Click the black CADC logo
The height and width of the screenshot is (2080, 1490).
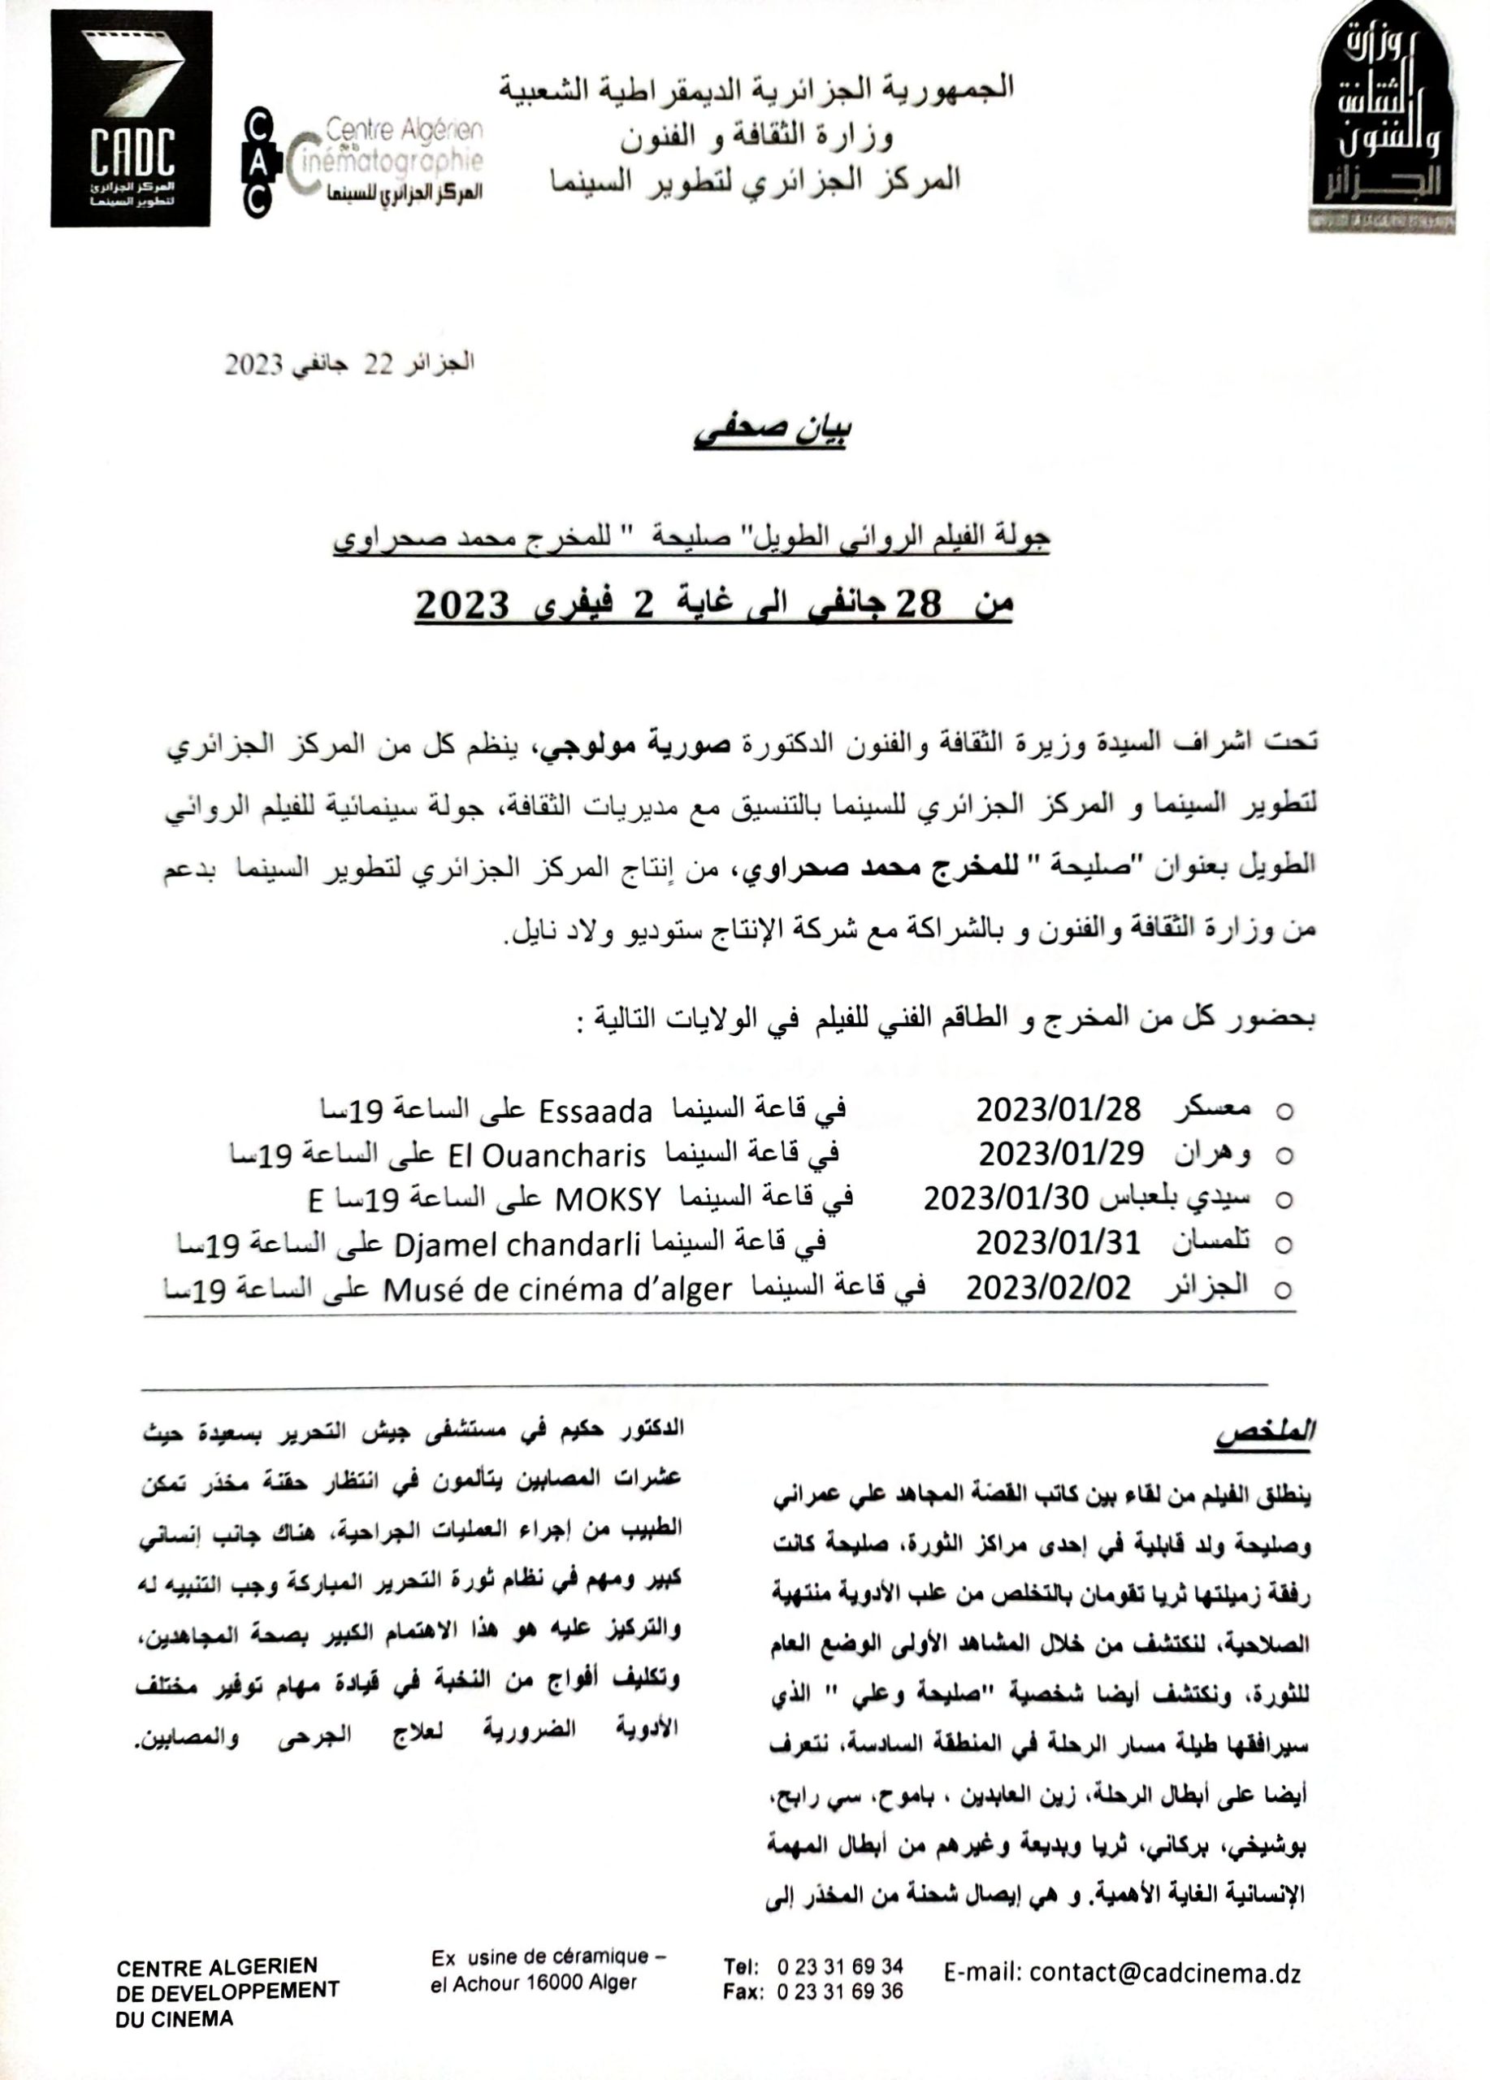coord(131,119)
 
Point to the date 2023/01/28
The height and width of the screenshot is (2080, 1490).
coord(1058,1110)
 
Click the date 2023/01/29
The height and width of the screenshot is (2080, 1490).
coord(1060,1154)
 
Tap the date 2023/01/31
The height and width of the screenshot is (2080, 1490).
coord(1057,1242)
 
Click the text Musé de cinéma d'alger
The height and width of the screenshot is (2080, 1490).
coord(557,1289)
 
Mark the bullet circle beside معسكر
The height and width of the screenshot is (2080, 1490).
coord(1284,1111)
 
